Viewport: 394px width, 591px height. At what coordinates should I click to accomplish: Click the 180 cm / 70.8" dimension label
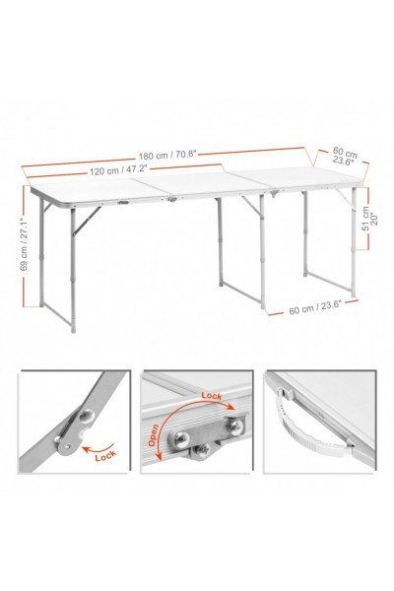point(167,155)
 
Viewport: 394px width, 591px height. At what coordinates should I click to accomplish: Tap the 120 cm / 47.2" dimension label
point(118,170)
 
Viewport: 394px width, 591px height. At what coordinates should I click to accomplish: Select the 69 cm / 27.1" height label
point(24,243)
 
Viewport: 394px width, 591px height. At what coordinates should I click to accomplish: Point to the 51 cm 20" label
point(369,221)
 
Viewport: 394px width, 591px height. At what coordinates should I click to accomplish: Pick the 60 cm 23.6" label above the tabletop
point(344,156)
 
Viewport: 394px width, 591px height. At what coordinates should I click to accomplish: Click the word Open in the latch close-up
point(153,435)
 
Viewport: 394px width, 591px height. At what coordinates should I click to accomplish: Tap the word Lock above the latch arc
point(212,395)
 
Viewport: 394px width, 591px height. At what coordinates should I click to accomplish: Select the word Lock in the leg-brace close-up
point(105,456)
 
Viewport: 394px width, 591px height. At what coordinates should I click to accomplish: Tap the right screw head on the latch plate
point(236,426)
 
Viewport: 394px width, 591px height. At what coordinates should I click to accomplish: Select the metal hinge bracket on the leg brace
point(74,430)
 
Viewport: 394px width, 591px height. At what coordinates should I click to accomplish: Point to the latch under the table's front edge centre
point(172,199)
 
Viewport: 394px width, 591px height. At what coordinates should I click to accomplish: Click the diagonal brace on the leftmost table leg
point(87,220)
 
